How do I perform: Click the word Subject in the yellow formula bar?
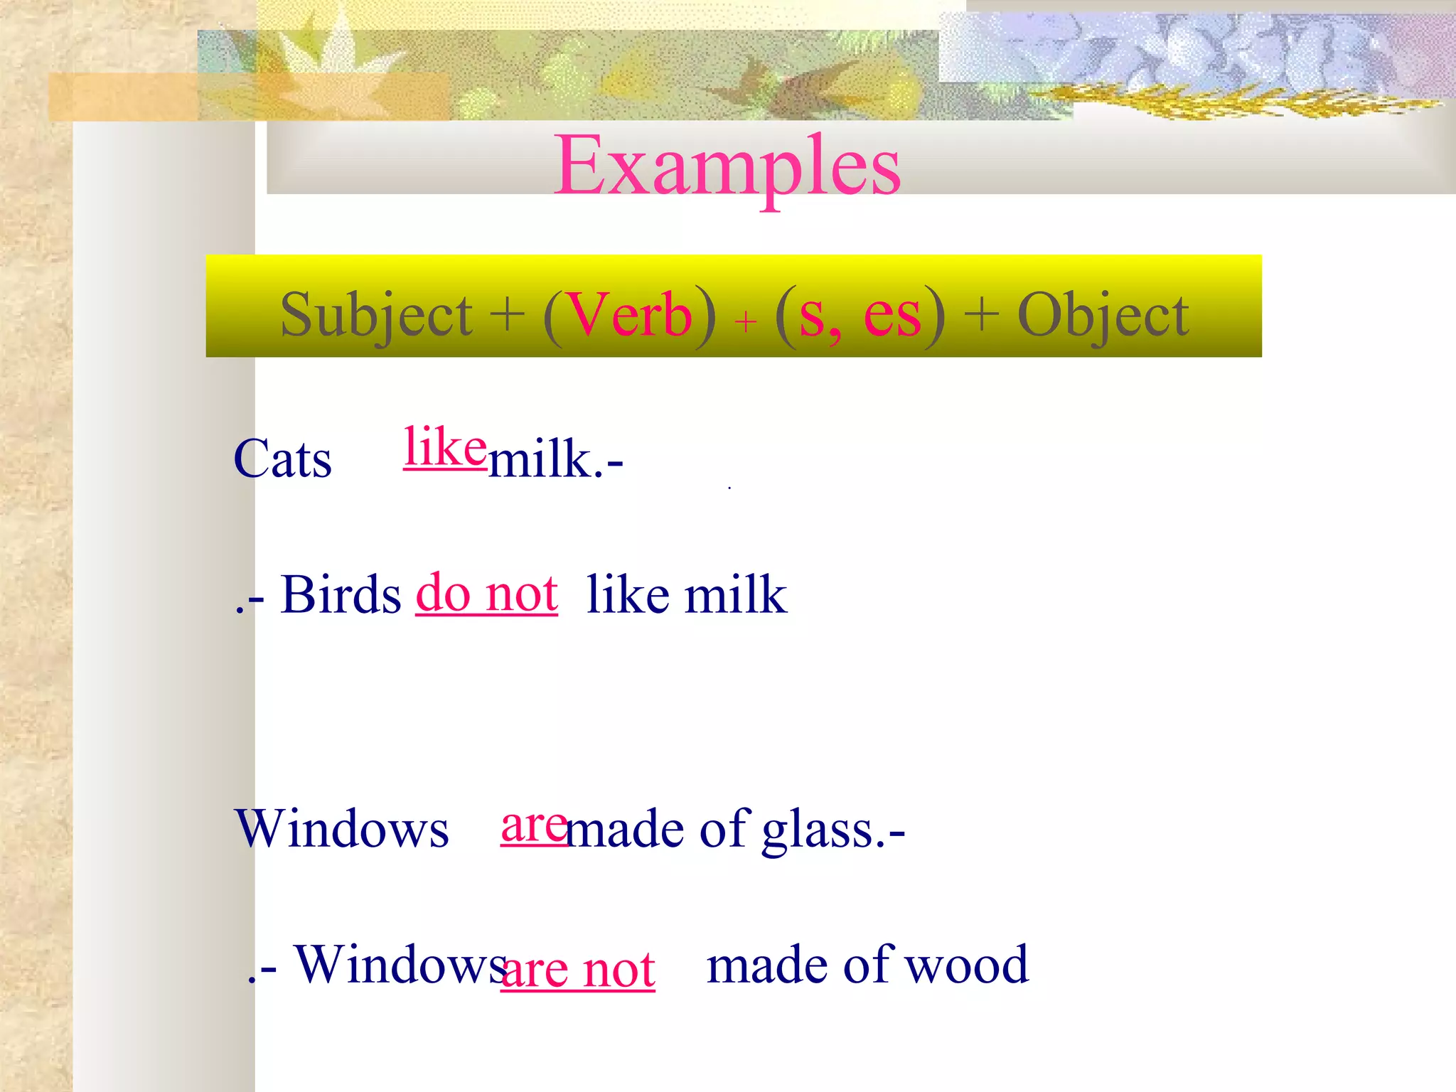click(376, 315)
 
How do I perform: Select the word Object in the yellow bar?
click(1103, 315)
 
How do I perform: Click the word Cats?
click(282, 459)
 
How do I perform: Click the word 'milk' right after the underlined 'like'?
click(540, 459)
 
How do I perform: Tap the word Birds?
click(341, 594)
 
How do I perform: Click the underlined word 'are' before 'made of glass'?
click(533, 825)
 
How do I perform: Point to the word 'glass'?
click(818, 830)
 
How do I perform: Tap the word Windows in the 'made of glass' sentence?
click(342, 829)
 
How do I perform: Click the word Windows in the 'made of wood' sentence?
click(400, 965)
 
